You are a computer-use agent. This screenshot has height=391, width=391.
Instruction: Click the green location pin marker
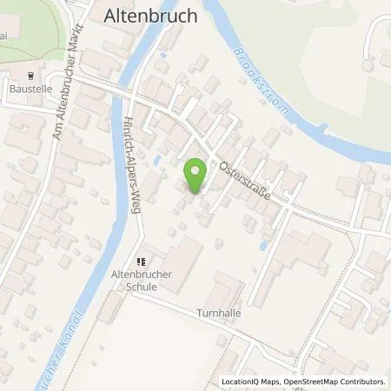pyautogui.click(x=196, y=175)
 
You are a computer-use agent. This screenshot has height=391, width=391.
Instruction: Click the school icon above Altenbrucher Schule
pyautogui.click(x=142, y=261)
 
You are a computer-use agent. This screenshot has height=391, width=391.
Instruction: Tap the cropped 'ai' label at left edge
pyautogui.click(x=4, y=52)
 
